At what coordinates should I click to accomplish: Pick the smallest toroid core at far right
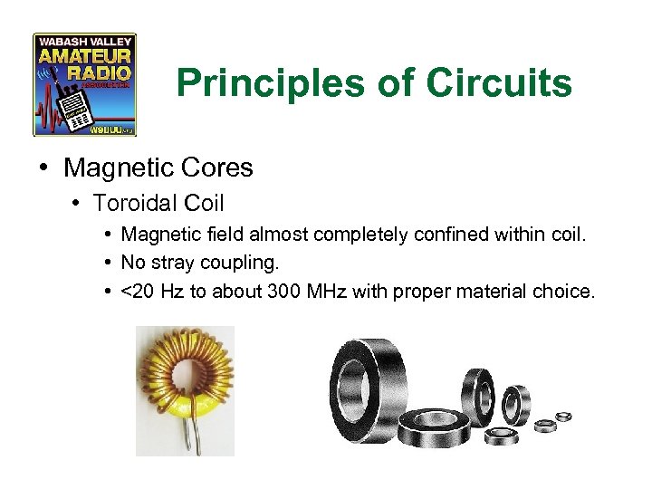coord(564,417)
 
